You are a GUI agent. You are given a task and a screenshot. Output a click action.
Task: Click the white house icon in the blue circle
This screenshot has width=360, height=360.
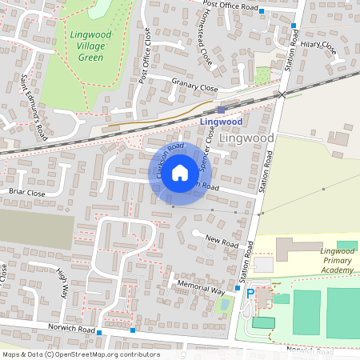click(180, 172)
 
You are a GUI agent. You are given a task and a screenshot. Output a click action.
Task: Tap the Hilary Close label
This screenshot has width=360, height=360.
click(319, 47)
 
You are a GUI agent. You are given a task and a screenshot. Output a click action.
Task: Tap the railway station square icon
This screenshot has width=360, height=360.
click(222, 110)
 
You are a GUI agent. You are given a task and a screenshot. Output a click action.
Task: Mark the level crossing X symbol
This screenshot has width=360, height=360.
click(282, 94)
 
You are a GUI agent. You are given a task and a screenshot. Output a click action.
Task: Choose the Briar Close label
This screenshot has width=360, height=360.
click(27, 193)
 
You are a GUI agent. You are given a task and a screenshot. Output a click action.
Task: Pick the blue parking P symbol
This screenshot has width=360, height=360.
click(250, 294)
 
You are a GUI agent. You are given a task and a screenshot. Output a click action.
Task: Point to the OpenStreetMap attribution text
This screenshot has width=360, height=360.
click(81, 354)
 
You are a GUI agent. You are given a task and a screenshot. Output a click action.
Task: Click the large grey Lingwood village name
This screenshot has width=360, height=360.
click(246, 138)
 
